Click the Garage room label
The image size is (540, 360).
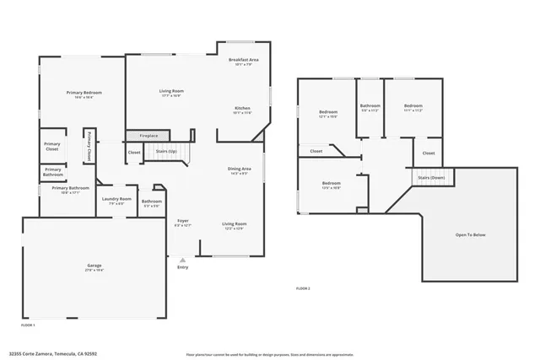[x=94, y=266]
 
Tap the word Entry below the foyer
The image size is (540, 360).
[x=183, y=267]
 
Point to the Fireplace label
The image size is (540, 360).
[x=148, y=136]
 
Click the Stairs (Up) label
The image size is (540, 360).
[x=166, y=152]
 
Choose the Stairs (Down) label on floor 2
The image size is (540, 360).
[x=431, y=178]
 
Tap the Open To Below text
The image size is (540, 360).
[x=470, y=234]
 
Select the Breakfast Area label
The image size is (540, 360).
[x=244, y=60]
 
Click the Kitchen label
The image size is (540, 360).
[x=243, y=109]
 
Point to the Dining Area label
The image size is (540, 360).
[x=239, y=169]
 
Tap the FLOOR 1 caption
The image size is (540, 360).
[x=28, y=324]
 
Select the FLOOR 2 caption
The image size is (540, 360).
[x=303, y=288]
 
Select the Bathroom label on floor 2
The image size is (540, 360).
[x=370, y=105]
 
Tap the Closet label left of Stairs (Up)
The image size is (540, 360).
[x=134, y=152]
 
